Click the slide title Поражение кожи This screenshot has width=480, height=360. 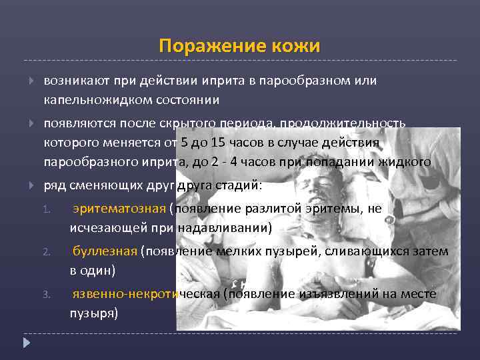(239, 46)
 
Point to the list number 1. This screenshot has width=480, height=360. (46, 209)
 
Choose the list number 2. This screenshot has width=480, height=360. (46, 251)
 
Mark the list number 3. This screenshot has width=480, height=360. (46, 294)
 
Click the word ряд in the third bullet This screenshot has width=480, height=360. (54, 185)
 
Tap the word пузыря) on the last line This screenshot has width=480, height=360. (94, 312)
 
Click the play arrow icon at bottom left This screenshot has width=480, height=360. (27, 344)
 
